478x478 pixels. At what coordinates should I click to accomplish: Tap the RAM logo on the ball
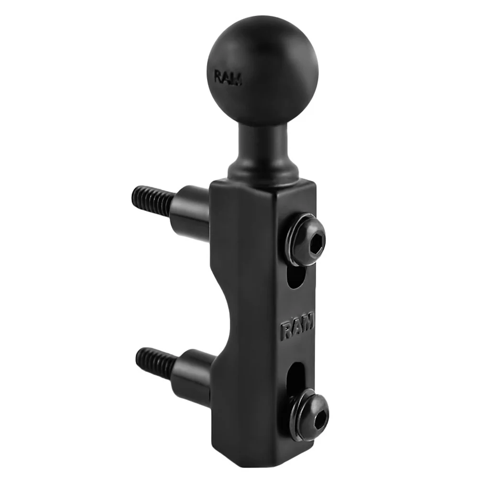click(228, 78)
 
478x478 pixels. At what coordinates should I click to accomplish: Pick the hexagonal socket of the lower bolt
click(318, 410)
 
